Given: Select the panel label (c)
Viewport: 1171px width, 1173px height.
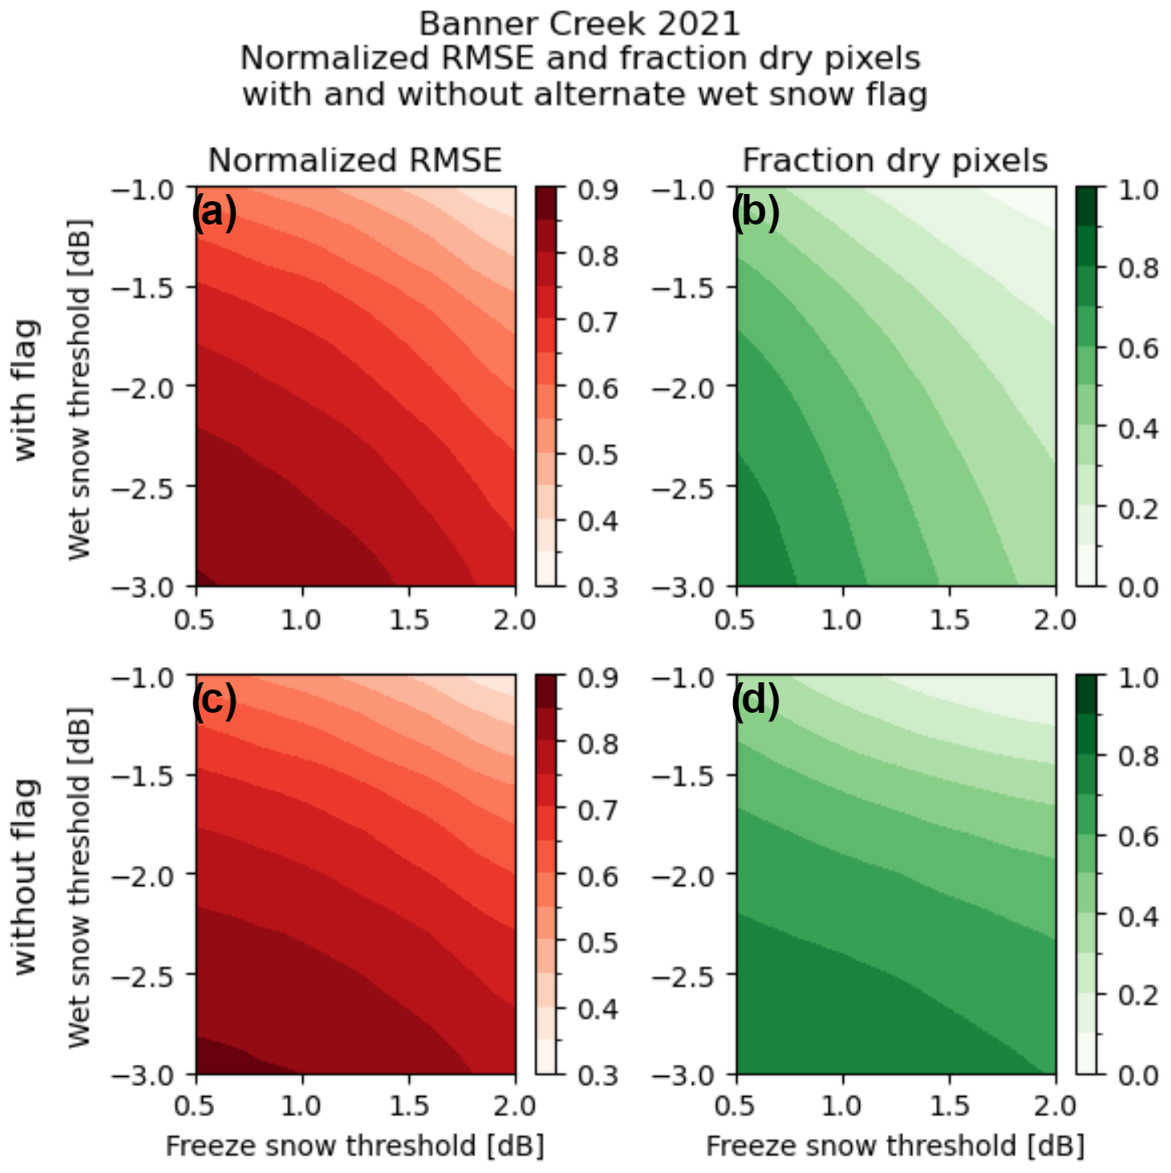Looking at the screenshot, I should click(x=214, y=700).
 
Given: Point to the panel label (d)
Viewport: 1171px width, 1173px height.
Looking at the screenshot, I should click(x=755, y=700).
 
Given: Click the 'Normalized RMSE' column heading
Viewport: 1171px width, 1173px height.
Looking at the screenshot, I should click(x=355, y=160).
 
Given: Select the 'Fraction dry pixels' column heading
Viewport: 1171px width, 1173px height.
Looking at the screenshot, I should click(x=895, y=160).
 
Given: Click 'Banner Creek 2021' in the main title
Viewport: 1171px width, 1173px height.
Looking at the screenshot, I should click(x=579, y=24).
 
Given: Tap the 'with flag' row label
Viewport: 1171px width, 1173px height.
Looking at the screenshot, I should click(x=26, y=390).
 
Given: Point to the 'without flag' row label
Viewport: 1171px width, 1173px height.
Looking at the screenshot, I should click(x=26, y=876).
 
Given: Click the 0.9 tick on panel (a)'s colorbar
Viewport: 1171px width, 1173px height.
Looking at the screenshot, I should click(x=598, y=190).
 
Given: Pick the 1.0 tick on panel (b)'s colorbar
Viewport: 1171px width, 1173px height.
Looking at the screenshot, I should click(x=1139, y=190).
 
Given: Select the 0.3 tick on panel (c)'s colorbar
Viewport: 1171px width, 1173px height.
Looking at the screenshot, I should click(x=598, y=1074).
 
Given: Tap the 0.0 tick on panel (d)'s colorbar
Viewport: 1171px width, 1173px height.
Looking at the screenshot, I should click(x=1139, y=1074).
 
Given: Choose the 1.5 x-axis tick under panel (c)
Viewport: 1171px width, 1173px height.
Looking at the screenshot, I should click(x=409, y=1106).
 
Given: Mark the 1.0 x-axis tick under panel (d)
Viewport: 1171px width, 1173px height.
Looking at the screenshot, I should click(x=842, y=1106).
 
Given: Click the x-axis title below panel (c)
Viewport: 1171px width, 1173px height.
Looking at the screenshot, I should click(x=355, y=1146).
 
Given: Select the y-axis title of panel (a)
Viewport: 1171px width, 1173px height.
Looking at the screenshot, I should click(x=79, y=390).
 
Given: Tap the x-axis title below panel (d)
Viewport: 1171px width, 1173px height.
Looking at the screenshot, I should click(x=895, y=1146).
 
